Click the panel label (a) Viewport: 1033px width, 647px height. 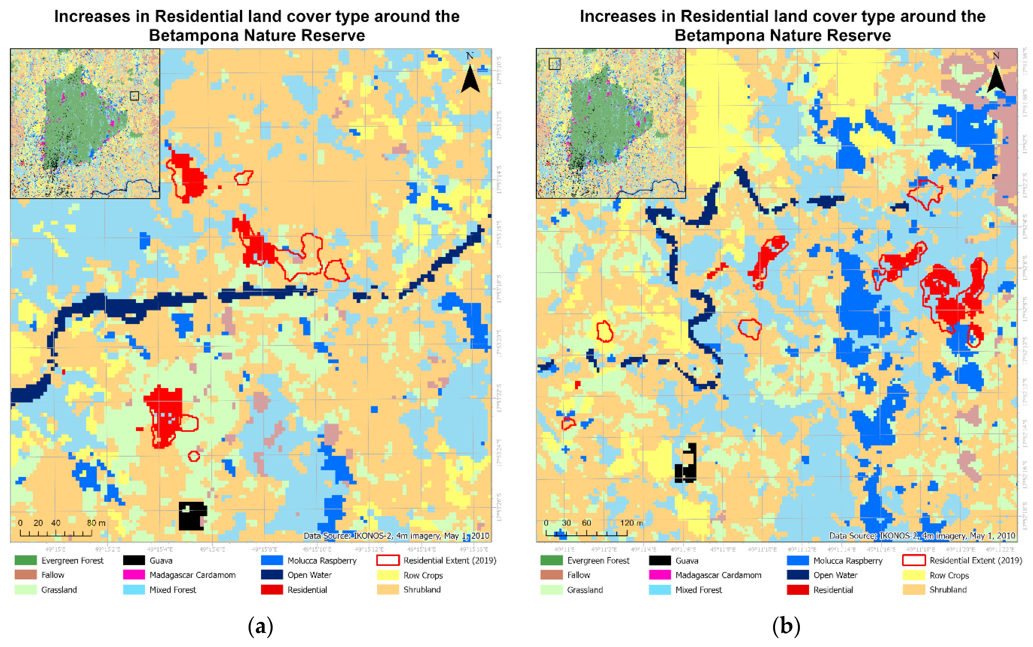pyautogui.click(x=260, y=627)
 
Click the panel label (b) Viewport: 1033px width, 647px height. pyautogui.click(x=786, y=627)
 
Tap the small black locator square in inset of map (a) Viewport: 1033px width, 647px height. pyautogui.click(x=135, y=96)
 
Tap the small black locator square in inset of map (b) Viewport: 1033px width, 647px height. pyautogui.click(x=554, y=64)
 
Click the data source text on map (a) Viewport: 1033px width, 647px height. pyautogui.click(x=396, y=536)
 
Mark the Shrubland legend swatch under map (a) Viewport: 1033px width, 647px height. pyautogui.click(x=388, y=590)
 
